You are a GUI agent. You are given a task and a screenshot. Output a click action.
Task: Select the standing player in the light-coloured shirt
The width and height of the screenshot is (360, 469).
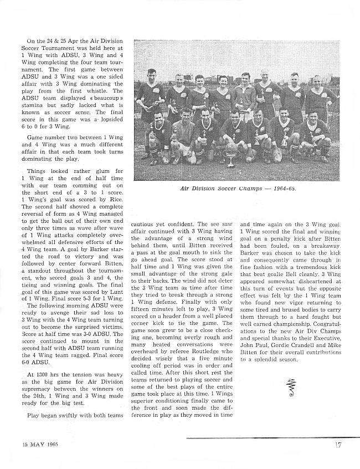tap(245, 94)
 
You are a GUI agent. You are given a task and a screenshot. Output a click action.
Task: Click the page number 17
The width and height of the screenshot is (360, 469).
tap(337, 443)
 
